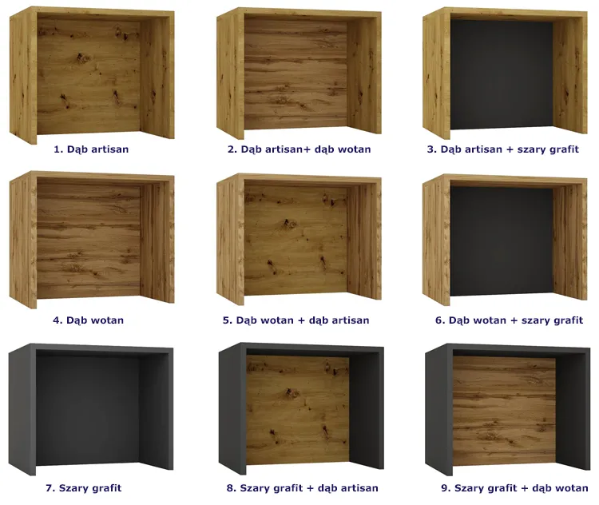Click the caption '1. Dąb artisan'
91,149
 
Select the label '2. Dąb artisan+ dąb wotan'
299,149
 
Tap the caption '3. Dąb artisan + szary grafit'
502,149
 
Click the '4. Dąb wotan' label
88,320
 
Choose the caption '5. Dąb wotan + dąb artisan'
296,320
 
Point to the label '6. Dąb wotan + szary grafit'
509,320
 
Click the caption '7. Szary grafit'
84,487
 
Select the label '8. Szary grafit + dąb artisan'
302,487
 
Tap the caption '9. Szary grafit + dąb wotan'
514,487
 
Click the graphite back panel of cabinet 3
502,74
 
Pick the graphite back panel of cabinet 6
502,241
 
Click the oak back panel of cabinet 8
297,410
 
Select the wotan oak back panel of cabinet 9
504,410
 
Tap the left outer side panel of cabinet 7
22,409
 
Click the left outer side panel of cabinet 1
23,77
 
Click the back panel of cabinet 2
296,74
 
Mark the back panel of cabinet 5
296,241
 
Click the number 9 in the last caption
444,487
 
